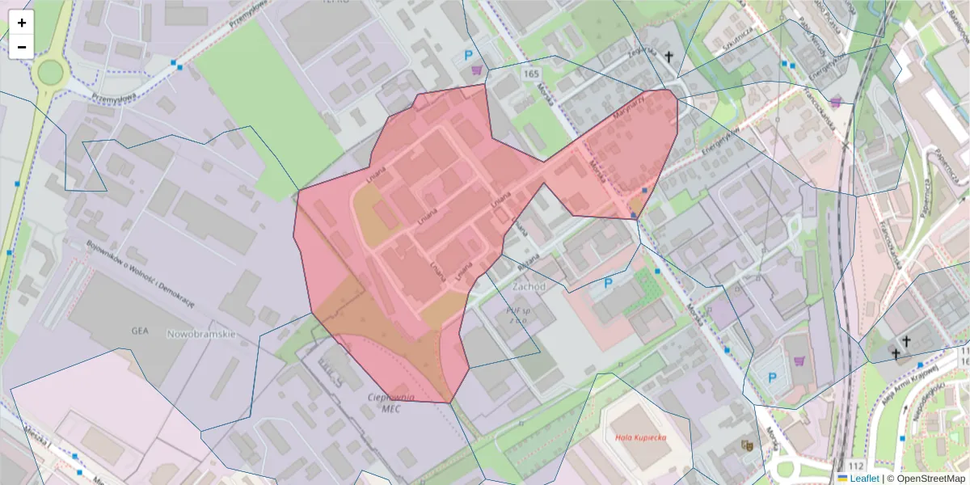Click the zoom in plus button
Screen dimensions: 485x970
[22, 23]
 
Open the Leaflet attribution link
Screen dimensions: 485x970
[864, 479]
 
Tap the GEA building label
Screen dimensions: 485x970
[141, 331]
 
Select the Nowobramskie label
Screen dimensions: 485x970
[200, 333]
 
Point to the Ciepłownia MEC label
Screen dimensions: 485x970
[391, 403]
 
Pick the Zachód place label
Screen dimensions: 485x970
[529, 286]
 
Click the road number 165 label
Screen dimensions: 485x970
[530, 74]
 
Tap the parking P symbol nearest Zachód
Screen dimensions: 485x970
[609, 284]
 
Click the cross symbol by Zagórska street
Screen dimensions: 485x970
[669, 57]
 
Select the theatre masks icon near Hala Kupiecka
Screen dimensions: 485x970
[748, 445]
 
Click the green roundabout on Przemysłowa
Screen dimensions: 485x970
[50, 73]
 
